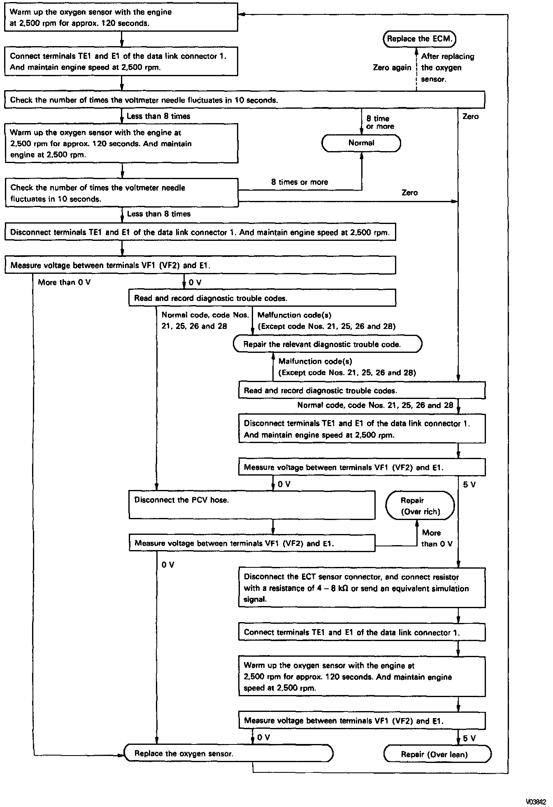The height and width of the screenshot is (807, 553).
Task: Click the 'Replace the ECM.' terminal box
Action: [x=420, y=39]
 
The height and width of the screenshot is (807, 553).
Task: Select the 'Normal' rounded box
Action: [x=361, y=143]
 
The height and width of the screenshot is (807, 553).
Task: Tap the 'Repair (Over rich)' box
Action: [x=420, y=506]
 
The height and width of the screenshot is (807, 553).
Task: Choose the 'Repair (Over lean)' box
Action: [x=437, y=754]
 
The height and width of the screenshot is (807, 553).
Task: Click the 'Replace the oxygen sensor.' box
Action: [x=229, y=754]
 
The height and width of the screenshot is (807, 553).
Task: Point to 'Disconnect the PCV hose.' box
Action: [x=252, y=505]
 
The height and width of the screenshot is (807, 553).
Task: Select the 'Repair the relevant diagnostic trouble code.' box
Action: [x=328, y=344]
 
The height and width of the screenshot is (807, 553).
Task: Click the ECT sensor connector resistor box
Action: [x=362, y=588]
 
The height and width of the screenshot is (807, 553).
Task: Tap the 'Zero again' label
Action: [x=392, y=68]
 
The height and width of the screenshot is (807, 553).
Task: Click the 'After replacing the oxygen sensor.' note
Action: [x=447, y=68]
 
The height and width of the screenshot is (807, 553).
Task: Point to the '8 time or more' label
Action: [x=380, y=123]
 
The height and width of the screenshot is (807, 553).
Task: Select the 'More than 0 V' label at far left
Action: [x=64, y=282]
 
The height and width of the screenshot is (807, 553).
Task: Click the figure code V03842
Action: [x=537, y=802]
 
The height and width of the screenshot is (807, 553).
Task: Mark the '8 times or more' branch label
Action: [x=300, y=182]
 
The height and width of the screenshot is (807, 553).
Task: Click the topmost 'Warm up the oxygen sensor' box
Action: [x=121, y=17]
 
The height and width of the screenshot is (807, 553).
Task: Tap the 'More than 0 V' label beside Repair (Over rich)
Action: [x=436, y=538]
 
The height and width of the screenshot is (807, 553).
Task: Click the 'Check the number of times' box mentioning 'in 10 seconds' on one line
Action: [x=244, y=100]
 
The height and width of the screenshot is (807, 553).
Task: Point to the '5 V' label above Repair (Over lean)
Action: [x=469, y=739]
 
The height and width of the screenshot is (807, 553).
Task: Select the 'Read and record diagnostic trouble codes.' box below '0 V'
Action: [x=262, y=298]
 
